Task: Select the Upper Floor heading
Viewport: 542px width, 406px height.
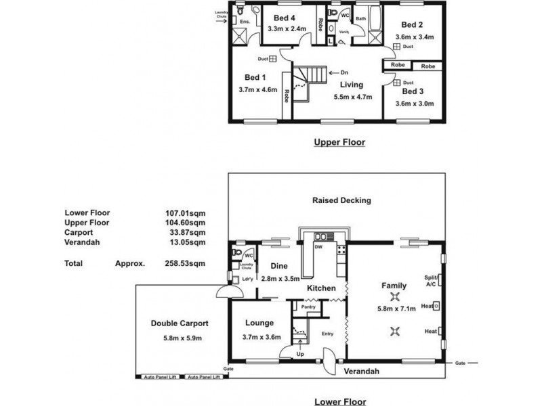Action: [x=339, y=143]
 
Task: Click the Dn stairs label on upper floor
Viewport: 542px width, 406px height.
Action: [x=343, y=72]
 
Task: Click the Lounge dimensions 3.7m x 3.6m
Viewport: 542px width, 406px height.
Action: [x=261, y=337]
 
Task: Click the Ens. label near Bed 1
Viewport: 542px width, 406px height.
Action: [x=245, y=22]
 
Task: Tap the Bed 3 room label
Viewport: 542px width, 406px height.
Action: [x=413, y=91]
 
